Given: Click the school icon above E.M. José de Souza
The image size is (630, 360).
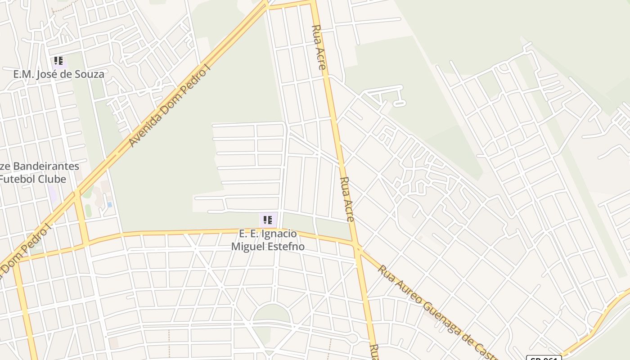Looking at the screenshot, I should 58,61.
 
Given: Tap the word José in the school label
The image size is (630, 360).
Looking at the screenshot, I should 46,74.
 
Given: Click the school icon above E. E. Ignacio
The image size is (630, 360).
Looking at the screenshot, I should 268,220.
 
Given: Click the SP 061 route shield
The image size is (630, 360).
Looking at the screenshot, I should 544,358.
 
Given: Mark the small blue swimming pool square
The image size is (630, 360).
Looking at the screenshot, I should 109,204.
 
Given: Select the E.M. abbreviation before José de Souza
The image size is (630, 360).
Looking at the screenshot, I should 22,74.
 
